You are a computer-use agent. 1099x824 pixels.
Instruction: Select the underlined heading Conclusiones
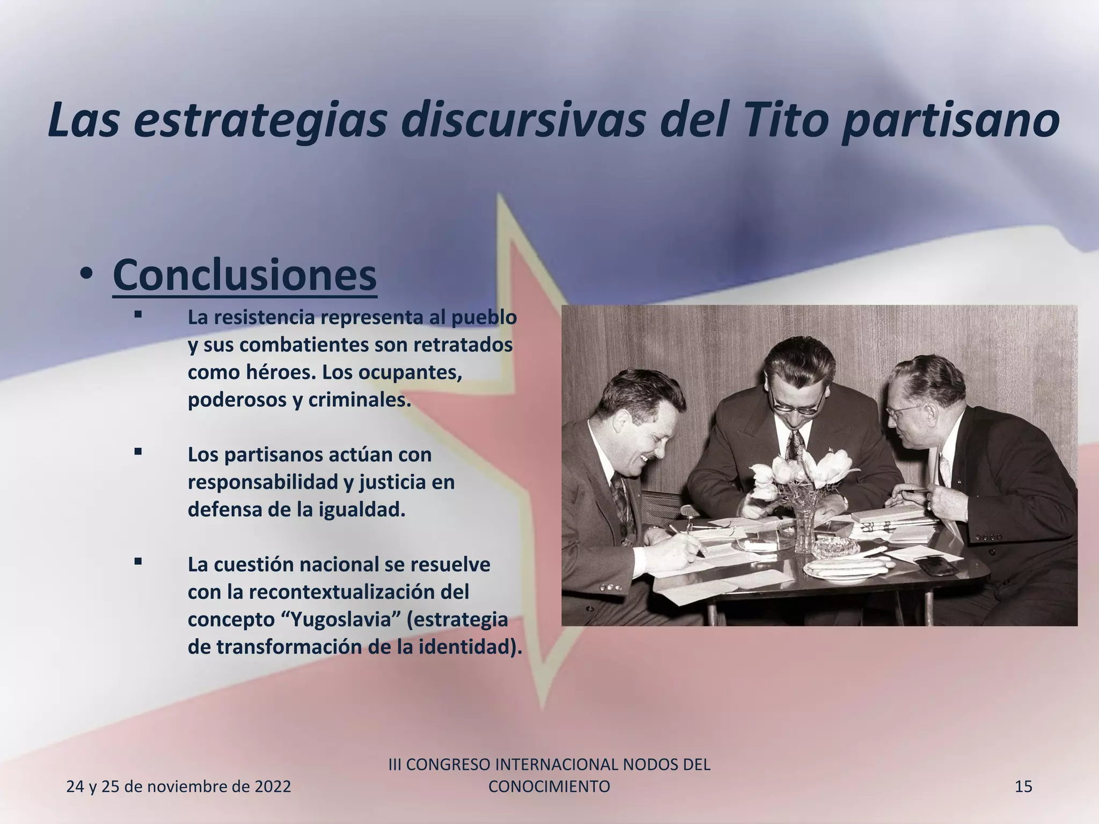245,275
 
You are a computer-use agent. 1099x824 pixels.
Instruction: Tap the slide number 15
1023,786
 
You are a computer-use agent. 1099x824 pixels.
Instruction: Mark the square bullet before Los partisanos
138,452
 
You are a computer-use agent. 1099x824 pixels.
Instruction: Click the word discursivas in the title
523,120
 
